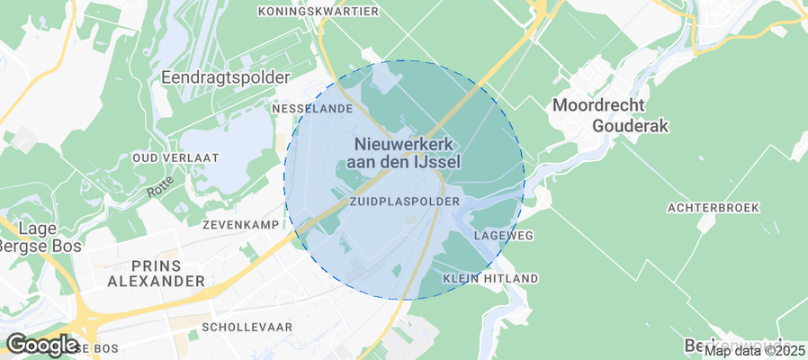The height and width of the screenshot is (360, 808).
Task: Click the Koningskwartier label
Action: (318, 12)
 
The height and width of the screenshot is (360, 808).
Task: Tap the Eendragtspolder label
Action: (225, 78)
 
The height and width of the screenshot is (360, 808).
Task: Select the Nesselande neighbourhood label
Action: (311, 108)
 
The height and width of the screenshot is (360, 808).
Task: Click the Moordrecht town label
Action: (598, 105)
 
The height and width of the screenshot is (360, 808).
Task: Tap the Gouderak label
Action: (631, 126)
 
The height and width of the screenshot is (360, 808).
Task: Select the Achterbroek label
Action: (713, 208)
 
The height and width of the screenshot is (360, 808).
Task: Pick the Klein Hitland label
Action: (490, 278)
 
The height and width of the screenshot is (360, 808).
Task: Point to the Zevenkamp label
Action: (237, 223)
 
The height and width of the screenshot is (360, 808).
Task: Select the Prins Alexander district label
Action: (157, 274)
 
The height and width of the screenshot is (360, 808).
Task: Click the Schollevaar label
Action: (247, 328)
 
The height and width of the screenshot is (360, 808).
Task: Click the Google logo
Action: (41, 345)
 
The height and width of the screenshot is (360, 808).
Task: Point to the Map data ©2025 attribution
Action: (754, 350)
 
